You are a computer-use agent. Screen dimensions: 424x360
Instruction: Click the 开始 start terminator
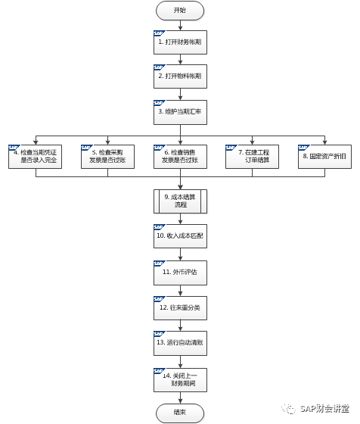(x=179, y=11)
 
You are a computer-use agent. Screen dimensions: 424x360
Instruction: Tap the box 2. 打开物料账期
(x=179, y=78)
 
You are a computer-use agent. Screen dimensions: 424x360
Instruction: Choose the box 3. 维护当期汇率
(x=179, y=112)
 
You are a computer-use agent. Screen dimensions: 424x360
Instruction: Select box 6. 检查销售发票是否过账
(x=179, y=157)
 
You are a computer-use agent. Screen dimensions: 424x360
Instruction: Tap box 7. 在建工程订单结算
(x=253, y=157)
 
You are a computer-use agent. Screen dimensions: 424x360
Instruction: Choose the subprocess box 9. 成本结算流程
(x=179, y=201)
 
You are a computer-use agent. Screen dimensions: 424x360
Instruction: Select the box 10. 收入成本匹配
(x=179, y=237)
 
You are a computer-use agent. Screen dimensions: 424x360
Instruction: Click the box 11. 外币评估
(x=179, y=272)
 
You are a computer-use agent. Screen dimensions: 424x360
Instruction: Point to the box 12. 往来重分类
(x=179, y=308)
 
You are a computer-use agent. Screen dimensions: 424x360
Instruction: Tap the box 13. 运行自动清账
(x=179, y=343)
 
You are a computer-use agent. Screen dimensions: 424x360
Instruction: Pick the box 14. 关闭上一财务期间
(x=179, y=379)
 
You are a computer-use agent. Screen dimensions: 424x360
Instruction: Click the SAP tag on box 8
(x=305, y=145)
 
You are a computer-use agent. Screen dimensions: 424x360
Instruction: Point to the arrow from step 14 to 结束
(x=179, y=397)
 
